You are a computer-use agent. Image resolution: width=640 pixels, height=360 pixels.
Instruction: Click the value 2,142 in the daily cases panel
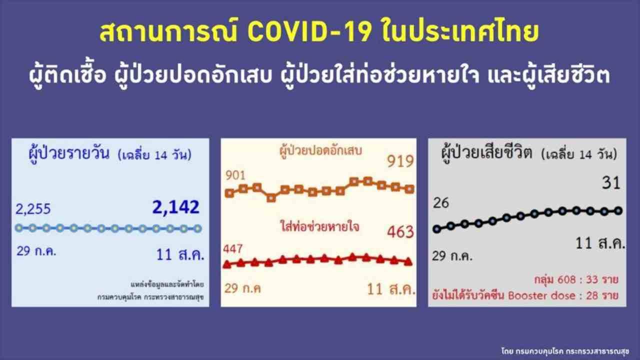click(175, 207)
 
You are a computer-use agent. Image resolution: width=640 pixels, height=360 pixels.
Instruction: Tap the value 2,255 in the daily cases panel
click(33, 209)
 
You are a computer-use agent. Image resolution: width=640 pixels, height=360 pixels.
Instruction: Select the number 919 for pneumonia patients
click(400, 161)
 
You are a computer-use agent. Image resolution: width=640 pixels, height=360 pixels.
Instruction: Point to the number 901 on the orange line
click(235, 175)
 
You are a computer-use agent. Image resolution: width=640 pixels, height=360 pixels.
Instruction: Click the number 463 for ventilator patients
click(400, 231)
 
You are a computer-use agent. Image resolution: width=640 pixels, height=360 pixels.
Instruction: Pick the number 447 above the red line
click(233, 249)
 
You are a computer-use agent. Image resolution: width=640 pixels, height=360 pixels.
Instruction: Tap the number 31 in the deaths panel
click(611, 183)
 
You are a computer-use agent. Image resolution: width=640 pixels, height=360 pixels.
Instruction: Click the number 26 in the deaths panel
click(441, 203)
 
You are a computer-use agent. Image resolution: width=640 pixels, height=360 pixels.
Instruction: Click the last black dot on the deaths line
click(618, 211)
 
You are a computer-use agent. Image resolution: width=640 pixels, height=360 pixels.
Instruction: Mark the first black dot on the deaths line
click(437, 229)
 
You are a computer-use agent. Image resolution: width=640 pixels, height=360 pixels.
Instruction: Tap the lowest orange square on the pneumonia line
click(271, 197)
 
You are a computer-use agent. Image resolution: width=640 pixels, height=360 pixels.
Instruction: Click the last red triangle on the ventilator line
click(408, 261)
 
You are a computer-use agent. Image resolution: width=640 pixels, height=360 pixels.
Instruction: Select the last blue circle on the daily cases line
click(197, 228)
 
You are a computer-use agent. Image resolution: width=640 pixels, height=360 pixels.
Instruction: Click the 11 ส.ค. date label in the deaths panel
click(600, 243)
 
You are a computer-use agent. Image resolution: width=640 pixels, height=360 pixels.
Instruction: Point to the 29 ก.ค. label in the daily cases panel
click(36, 251)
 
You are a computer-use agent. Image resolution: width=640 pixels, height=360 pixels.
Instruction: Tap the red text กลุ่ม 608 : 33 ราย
click(576, 279)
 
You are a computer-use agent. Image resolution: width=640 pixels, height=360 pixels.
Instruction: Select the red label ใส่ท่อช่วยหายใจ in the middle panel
click(319, 227)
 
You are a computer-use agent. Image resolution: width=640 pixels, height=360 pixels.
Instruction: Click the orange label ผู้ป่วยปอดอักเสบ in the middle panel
click(320, 151)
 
